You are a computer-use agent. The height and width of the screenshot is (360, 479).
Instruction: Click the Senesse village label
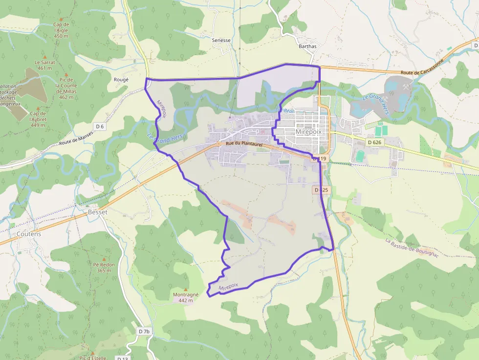pos(221,41)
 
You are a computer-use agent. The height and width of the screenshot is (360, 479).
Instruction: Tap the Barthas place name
pos(307,46)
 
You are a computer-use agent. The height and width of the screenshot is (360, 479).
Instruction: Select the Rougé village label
pos(121,80)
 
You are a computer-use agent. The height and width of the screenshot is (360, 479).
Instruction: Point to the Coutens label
pos(29,234)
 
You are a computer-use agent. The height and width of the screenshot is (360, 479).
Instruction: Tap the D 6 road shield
pos(100,127)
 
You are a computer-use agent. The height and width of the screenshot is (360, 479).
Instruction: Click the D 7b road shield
pos(144,331)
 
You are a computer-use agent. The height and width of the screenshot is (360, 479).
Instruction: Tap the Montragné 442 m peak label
pos(185,297)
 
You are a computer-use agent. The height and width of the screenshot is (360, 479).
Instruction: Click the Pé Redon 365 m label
pos(104,267)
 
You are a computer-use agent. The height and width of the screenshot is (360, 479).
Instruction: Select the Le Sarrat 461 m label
pos(44,65)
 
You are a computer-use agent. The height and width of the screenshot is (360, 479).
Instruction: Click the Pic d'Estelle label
pos(92,358)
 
